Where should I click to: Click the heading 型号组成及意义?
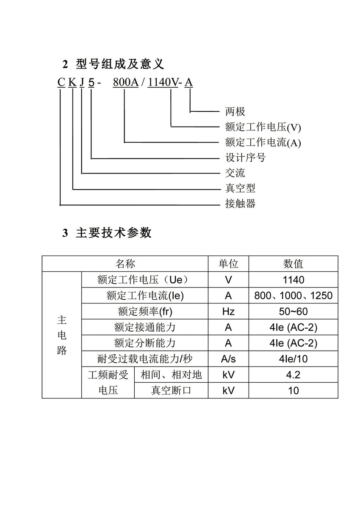click(120, 64)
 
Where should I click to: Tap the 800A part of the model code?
click(126, 82)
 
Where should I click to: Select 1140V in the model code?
click(163, 82)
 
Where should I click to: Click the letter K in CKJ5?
click(72, 82)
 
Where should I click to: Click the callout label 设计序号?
click(245, 157)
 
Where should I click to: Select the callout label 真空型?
click(240, 188)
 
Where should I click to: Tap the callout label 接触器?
click(240, 204)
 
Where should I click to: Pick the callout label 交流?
click(235, 173)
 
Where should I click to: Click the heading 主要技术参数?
click(114, 233)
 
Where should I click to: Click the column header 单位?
click(228, 264)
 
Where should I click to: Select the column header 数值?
click(293, 264)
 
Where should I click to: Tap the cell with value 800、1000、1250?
click(293, 296)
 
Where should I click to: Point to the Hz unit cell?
click(228, 312)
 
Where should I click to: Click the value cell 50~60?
click(293, 312)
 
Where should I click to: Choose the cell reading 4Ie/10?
click(293, 359)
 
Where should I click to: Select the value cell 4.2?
click(293, 375)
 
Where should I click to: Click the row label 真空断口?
click(171, 391)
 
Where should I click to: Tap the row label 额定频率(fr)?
click(145, 312)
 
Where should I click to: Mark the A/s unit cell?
click(228, 359)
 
